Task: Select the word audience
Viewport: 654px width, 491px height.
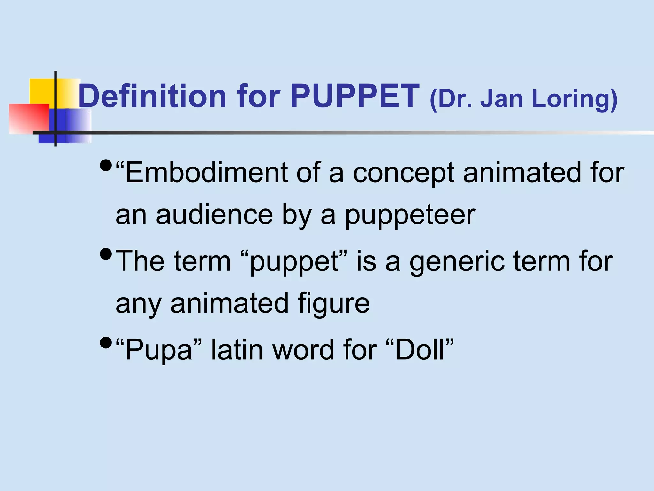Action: pyautogui.click(x=214, y=215)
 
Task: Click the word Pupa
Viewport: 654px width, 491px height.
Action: pyautogui.click(x=158, y=350)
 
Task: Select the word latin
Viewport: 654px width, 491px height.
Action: pyautogui.click(x=237, y=350)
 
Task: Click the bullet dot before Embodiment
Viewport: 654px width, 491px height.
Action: pyautogui.click(x=106, y=166)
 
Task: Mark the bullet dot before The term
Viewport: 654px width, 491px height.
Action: pyautogui.click(x=106, y=254)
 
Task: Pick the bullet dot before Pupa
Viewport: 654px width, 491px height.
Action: pyautogui.click(x=106, y=343)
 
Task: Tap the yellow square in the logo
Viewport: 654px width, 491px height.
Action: pyautogui.click(x=42, y=91)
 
